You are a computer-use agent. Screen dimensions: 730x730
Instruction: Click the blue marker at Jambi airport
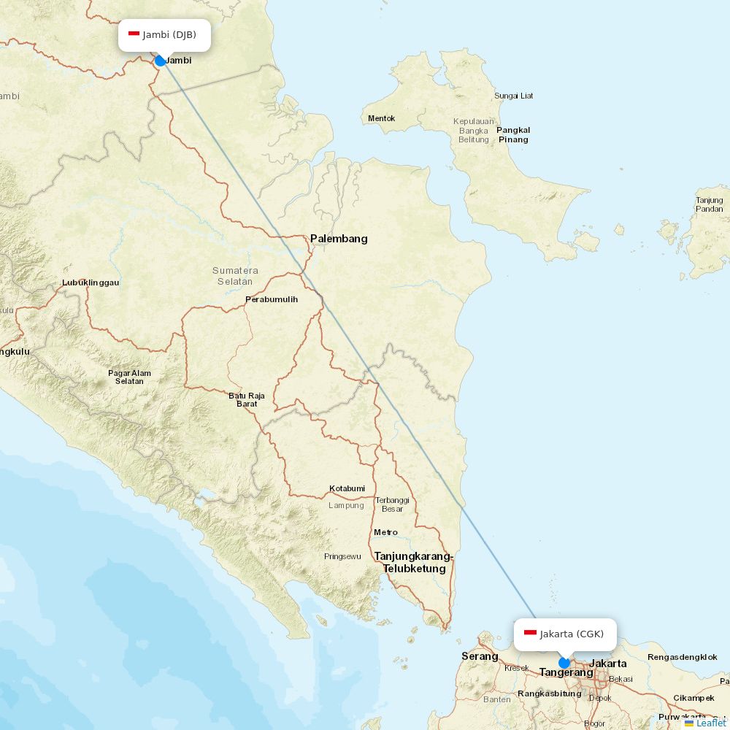click(x=161, y=61)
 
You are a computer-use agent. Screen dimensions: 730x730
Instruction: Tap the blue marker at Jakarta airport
click(x=564, y=663)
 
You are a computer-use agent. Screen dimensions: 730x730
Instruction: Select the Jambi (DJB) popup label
click(x=165, y=35)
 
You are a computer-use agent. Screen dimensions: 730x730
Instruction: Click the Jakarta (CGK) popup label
click(x=565, y=634)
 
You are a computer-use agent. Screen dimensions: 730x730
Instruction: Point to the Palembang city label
click(x=339, y=239)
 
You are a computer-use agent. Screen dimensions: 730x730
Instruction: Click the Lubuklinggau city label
click(x=91, y=283)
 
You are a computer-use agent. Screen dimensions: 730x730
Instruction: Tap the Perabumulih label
click(x=272, y=299)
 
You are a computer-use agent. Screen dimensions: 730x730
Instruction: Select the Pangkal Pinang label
click(x=513, y=135)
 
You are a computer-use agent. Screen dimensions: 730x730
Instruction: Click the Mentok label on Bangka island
click(x=382, y=118)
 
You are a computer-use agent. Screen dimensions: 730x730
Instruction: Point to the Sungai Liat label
click(x=514, y=96)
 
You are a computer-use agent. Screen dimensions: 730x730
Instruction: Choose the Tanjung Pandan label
click(x=710, y=204)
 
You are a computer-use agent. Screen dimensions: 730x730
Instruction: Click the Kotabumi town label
click(x=347, y=488)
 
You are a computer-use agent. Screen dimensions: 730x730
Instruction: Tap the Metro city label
click(x=385, y=532)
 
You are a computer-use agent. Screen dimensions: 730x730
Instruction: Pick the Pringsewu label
click(x=342, y=556)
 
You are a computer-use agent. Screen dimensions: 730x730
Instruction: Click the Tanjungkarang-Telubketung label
click(x=414, y=563)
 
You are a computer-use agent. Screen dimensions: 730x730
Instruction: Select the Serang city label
click(x=480, y=656)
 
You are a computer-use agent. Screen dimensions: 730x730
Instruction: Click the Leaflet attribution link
click(x=710, y=723)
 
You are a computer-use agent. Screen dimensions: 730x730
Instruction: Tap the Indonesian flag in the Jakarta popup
click(x=531, y=634)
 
